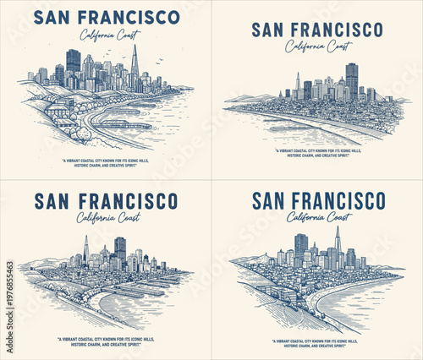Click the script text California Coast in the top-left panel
[109, 35]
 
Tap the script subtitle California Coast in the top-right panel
[317, 46]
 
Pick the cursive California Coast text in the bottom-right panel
[318, 217]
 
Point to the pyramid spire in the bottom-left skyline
[85, 247]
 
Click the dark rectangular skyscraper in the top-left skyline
[74, 62]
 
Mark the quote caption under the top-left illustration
[106, 163]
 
